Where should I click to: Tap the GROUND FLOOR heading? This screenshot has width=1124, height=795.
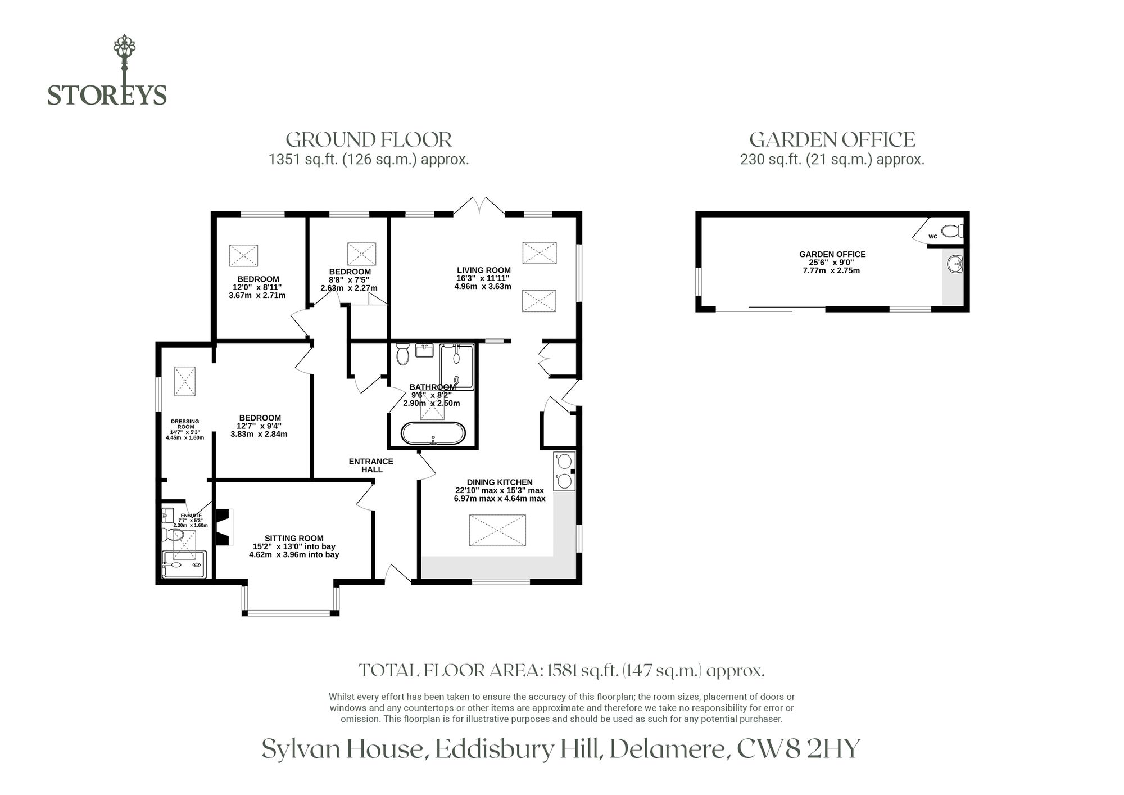369,139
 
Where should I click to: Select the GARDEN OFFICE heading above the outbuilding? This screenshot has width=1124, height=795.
832,139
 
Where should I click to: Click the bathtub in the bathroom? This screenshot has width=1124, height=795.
433,433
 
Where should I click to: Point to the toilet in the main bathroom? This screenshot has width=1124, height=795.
402,354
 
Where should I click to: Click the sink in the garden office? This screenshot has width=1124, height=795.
955,264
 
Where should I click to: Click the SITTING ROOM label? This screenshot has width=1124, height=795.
294,539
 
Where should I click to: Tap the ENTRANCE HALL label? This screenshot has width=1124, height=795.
371,466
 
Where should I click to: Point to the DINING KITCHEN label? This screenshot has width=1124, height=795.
500,482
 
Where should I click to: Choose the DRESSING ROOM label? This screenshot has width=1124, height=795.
185,424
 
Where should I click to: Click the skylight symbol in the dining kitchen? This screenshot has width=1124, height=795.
497,530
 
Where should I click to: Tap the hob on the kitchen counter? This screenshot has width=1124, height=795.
564,471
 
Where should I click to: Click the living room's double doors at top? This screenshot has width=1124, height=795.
479,206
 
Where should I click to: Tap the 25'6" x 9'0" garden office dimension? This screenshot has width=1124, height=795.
832,263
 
